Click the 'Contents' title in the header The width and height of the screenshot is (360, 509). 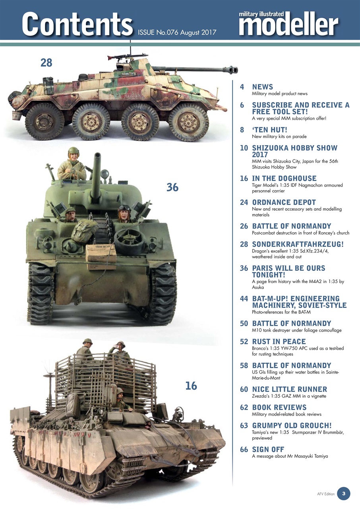[77, 23]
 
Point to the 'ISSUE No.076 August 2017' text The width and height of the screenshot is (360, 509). [177, 32]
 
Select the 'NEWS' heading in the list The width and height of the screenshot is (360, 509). [263, 87]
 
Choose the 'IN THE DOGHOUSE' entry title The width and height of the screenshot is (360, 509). [284, 179]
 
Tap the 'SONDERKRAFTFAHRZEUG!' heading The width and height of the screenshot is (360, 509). [297, 244]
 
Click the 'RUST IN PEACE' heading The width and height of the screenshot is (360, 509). [279, 342]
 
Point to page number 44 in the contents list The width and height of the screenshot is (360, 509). [244, 298]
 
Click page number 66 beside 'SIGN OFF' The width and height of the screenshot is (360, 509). [244, 449]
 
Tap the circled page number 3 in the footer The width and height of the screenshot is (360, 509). [343, 493]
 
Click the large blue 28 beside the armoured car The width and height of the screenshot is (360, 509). [46, 62]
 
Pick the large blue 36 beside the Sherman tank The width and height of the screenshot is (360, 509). [172, 187]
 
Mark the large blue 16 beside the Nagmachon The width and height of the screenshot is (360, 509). [191, 386]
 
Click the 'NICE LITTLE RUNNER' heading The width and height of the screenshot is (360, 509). [290, 389]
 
